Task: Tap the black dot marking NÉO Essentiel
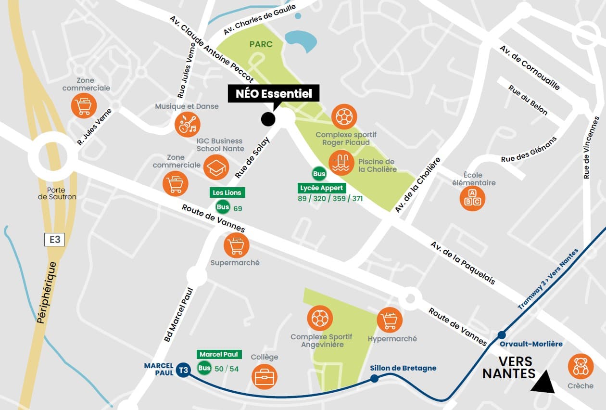[x=268, y=118]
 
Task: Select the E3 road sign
[x=54, y=240]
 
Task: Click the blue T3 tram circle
[x=183, y=370]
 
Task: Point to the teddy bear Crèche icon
[x=581, y=366]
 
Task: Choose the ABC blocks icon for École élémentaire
[x=472, y=199]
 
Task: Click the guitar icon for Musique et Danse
[x=187, y=124]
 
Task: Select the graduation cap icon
[x=216, y=167]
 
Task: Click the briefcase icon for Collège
[x=265, y=377]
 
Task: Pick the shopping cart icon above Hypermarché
[x=390, y=320]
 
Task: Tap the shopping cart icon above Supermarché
[x=236, y=245]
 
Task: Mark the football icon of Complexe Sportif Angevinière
[x=320, y=318]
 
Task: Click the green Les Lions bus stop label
[x=227, y=192]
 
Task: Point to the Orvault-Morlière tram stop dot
[x=502, y=335]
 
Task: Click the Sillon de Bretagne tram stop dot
[x=374, y=379]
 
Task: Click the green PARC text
[x=261, y=44]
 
